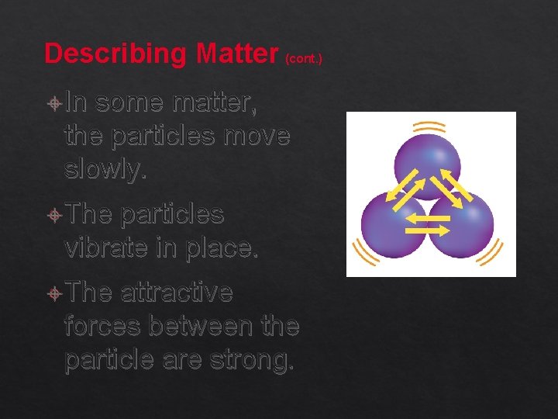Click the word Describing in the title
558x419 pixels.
coord(117,54)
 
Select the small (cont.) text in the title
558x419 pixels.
coord(304,57)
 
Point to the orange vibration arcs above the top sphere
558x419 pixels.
coord(429,126)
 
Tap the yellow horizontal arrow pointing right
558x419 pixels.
coord(429,230)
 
